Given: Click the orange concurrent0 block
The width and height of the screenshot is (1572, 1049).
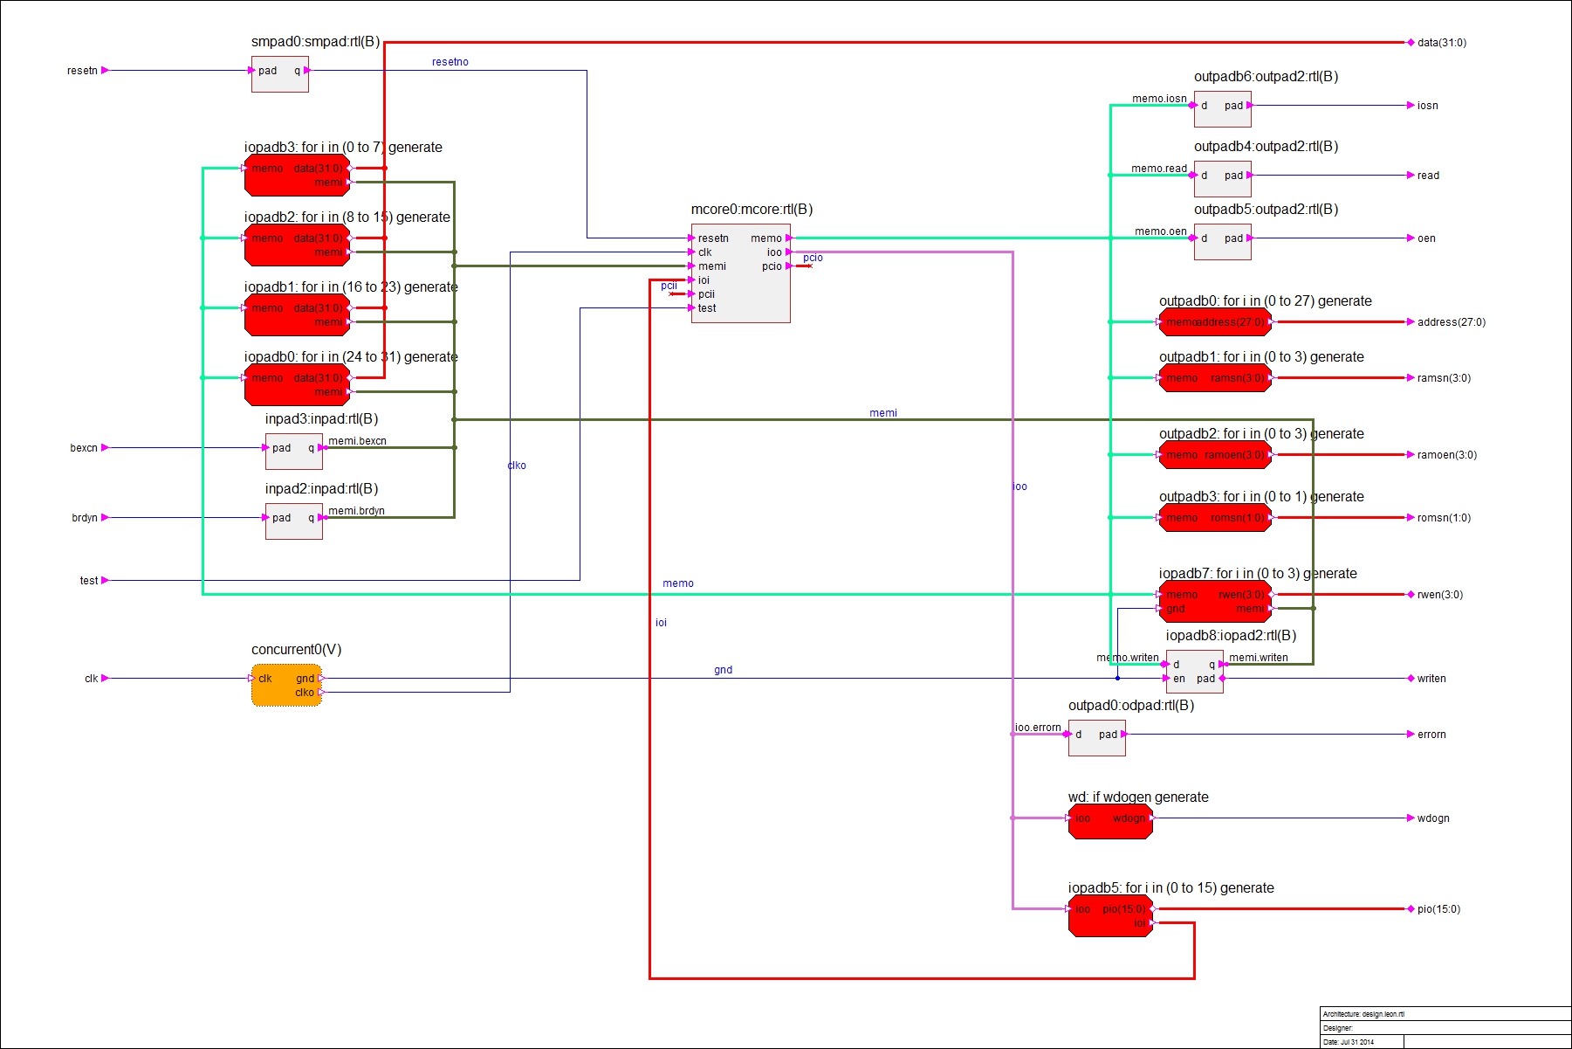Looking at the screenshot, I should [286, 685].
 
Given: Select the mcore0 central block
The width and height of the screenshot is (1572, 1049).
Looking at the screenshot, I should [740, 273].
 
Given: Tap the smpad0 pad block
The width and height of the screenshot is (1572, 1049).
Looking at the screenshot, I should [279, 73].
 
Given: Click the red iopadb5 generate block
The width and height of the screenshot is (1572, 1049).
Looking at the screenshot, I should [1110, 915].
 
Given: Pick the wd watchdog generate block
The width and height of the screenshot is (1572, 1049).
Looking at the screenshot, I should [1110, 821].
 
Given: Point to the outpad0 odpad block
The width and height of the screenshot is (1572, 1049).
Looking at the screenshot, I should [1096, 737].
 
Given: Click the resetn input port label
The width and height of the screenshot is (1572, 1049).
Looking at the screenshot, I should [82, 71].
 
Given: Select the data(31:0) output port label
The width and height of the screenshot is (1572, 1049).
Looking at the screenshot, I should [1441, 43].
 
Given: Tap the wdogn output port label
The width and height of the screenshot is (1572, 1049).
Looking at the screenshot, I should [1432, 818].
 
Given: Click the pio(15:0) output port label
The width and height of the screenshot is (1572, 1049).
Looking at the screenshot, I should [1438, 909].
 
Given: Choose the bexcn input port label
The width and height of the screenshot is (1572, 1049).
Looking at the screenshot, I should [84, 448].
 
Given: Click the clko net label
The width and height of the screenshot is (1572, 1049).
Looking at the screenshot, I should [517, 466].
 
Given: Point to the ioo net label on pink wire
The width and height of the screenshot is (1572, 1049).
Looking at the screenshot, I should [1019, 487].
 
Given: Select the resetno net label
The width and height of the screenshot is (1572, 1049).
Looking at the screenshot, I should [450, 62].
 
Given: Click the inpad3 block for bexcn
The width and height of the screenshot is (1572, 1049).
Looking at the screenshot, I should [294, 451].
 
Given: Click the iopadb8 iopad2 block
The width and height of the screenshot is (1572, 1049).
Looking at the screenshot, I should [1194, 671].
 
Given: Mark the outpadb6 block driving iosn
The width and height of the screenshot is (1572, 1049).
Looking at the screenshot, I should [1222, 108].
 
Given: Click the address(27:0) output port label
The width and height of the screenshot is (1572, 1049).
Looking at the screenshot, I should [1451, 322].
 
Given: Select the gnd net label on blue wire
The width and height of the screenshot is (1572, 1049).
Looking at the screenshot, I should [723, 670].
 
